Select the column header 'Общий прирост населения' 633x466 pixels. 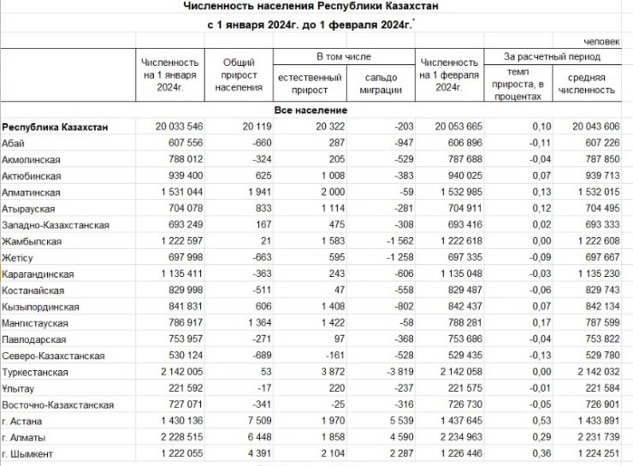coord(240,74)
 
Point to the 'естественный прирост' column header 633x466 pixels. coord(309,84)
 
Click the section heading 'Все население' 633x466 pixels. coord(310,111)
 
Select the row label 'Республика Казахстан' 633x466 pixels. coord(55,127)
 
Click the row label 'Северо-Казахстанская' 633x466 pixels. coord(53,356)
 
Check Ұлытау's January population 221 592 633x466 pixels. coord(180,388)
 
